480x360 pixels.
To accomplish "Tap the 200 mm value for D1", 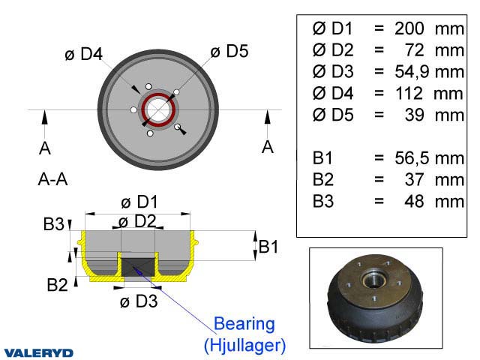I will [427, 28].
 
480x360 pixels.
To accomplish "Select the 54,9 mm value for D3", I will [427, 72].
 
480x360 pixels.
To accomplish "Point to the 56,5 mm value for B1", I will [427, 157].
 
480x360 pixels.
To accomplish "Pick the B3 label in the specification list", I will [324, 201].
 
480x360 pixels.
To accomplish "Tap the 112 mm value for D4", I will [427, 94].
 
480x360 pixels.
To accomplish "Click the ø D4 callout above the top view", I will [83, 54].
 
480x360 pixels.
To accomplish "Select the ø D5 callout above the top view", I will [229, 51].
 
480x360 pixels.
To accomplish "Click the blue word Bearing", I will [244, 324].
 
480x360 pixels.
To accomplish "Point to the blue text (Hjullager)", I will [244, 345].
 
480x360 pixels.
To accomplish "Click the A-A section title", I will [53, 180].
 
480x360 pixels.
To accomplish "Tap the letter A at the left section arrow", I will [45, 148].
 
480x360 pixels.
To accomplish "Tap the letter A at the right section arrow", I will [268, 147].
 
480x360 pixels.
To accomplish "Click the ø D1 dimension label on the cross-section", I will [139, 202].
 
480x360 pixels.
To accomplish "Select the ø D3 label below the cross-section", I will [139, 301].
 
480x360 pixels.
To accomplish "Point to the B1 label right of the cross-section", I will [269, 246].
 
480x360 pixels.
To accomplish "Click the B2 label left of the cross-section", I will [58, 284].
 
